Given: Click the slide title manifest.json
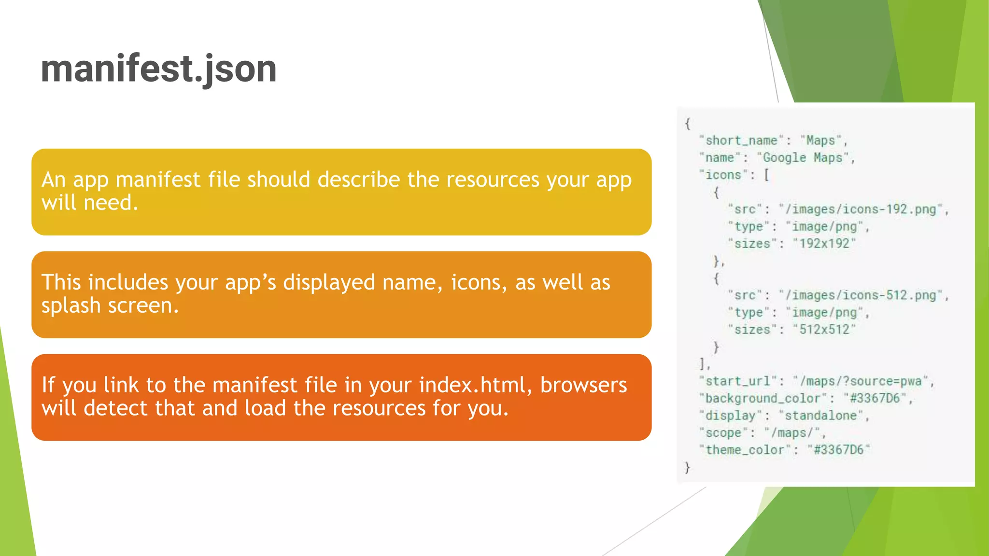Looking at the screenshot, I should coord(158,69).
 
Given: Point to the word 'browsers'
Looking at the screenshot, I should coord(583,385).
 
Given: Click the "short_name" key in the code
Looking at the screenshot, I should coord(741,140).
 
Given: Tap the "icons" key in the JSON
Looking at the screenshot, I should coord(723,175).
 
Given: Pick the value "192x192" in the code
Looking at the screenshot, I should coord(824,244).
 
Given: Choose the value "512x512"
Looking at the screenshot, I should coord(824,330).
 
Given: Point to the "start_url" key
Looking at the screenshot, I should coord(737,381).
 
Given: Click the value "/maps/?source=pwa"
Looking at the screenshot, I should coord(861,381).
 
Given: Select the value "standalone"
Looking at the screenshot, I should coord(820,416).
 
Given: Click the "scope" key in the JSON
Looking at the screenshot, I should coord(723,433).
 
